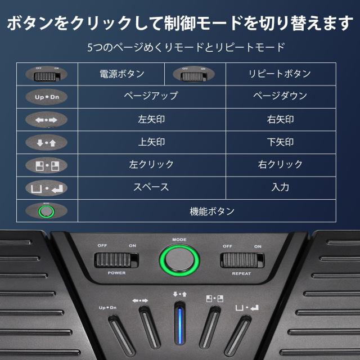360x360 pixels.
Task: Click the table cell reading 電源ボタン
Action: click(x=121, y=74)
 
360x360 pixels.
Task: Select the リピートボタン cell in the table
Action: click(x=280, y=74)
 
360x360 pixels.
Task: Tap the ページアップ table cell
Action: click(x=151, y=96)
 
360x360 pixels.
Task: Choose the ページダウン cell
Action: click(x=280, y=96)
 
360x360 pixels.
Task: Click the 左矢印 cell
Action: click(x=151, y=119)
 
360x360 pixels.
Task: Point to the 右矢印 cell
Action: click(x=280, y=119)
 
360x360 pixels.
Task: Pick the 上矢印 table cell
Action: click(x=151, y=142)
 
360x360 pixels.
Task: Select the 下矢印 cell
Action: click(x=280, y=142)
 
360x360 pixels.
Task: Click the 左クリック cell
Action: click(x=151, y=164)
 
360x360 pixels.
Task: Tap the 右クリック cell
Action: click(x=280, y=164)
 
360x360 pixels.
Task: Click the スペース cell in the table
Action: click(x=151, y=187)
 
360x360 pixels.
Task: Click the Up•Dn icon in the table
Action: click(x=47, y=97)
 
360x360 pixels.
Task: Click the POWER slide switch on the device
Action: click(x=116, y=260)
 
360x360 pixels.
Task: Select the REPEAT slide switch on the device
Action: click(x=241, y=260)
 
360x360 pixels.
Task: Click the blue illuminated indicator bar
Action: click(x=180, y=328)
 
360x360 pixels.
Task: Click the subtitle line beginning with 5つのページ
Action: click(x=186, y=47)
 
